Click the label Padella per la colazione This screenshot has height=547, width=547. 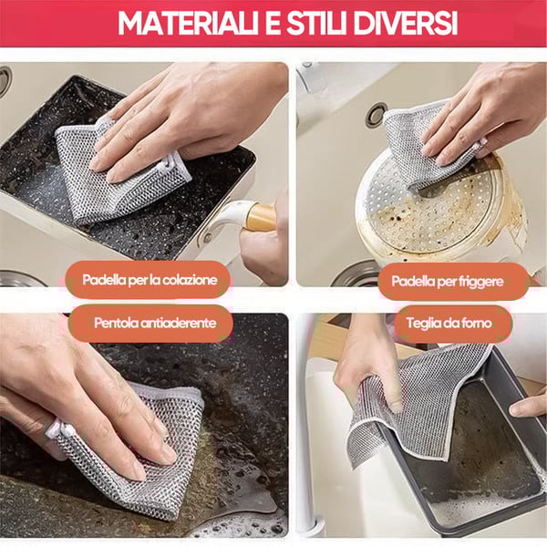tap(150, 280)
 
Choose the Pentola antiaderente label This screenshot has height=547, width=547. tap(155, 323)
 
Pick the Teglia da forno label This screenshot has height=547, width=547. tap(454, 323)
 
